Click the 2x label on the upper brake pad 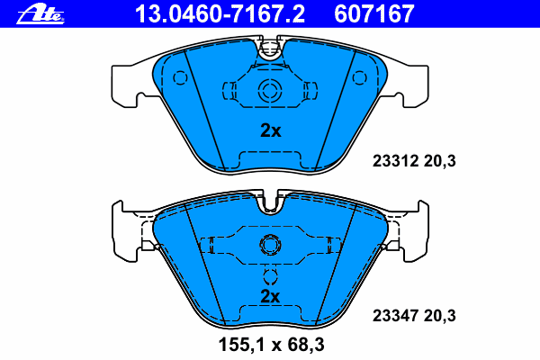(270, 130)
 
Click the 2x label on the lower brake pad (270, 295)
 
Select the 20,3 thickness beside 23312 (441, 163)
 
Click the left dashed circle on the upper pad (178, 77)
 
